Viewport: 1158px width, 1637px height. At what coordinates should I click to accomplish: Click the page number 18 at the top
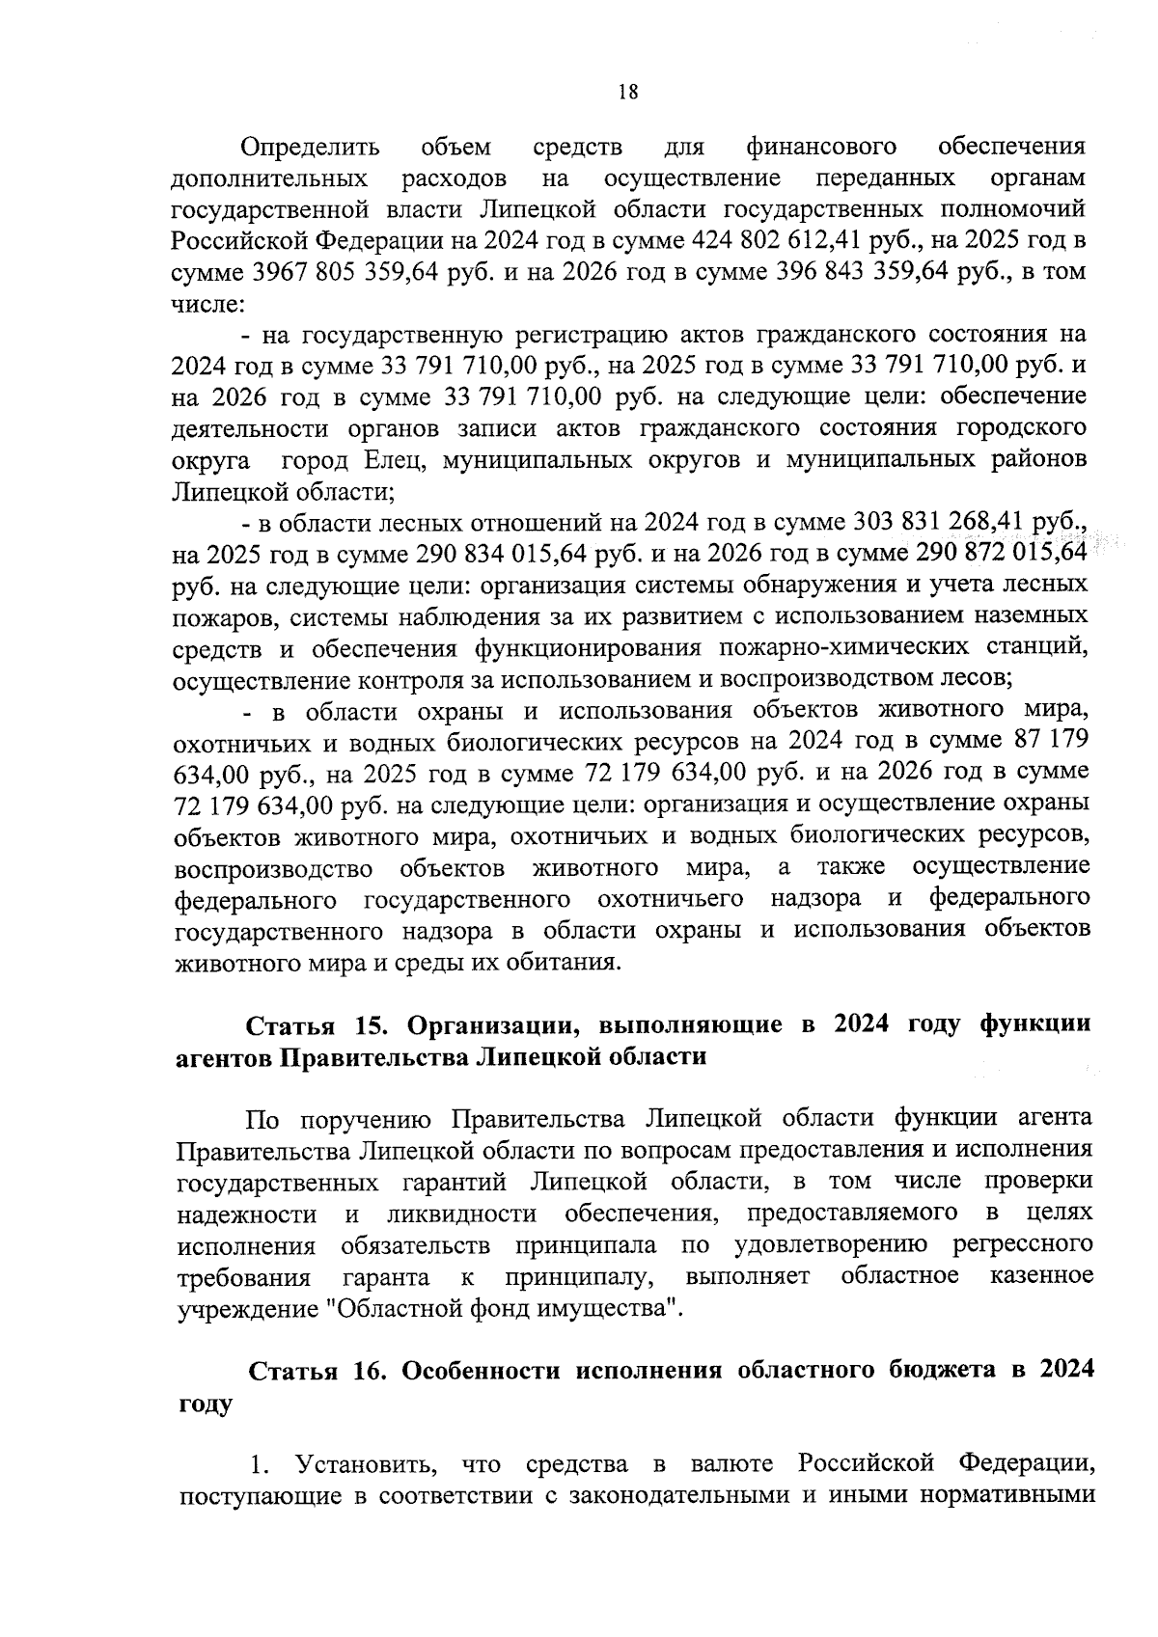pyautogui.click(x=627, y=93)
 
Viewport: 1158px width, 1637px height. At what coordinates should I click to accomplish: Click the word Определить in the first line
pyautogui.click(x=310, y=147)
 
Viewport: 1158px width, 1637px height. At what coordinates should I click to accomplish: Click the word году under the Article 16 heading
pyautogui.click(x=206, y=1404)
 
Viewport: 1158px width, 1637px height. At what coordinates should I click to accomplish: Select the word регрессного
pyautogui.click(x=1022, y=1244)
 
